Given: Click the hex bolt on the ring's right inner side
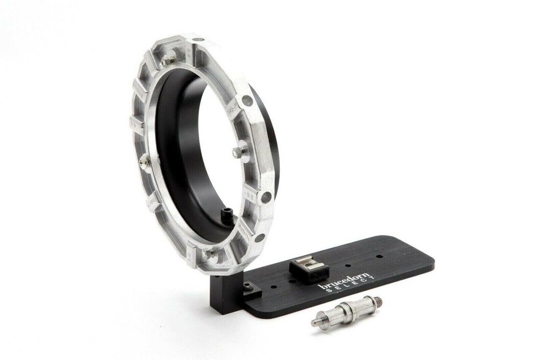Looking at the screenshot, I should click(x=239, y=152).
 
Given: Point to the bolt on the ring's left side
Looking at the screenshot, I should click(x=144, y=162).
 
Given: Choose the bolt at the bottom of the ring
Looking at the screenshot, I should click(x=208, y=254).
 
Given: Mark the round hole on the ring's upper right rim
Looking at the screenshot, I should click(x=248, y=101).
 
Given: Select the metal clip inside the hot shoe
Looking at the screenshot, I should click(x=306, y=265).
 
